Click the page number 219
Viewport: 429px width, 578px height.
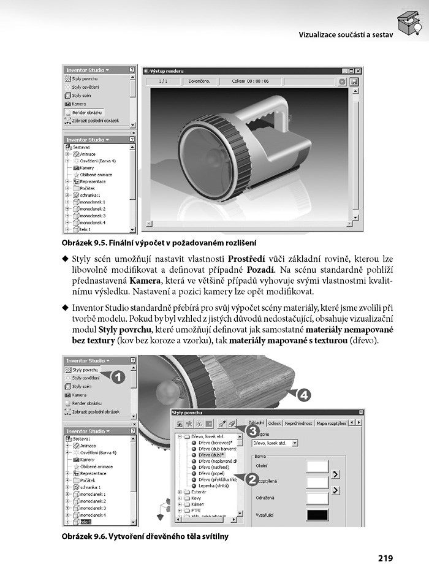[385, 558]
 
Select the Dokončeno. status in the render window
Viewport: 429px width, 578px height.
[199, 81]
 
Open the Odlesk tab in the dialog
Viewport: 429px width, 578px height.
[275, 423]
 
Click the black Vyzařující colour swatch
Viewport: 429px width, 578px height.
[317, 515]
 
